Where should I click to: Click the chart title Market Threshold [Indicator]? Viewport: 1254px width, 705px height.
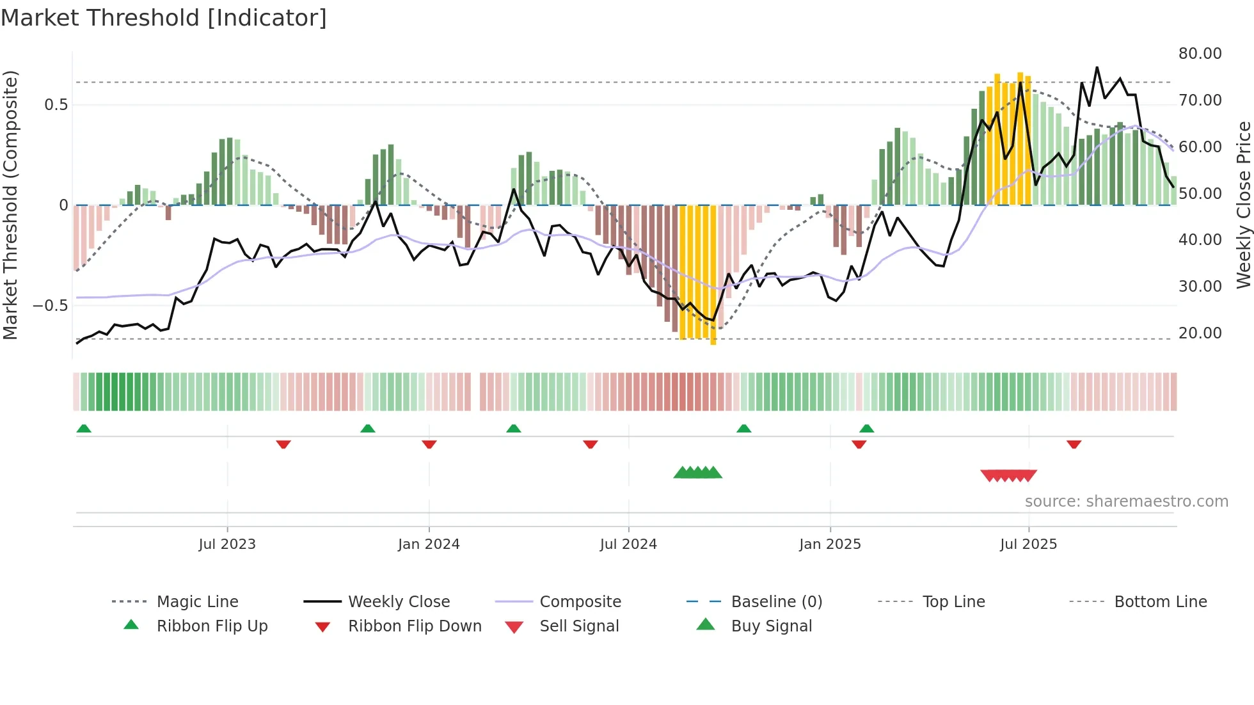pyautogui.click(x=164, y=18)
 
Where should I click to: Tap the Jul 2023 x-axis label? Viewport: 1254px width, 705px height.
pyautogui.click(x=227, y=544)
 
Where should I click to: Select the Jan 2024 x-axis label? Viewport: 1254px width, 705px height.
pyautogui.click(x=429, y=544)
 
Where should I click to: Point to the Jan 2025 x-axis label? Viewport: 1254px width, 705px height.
pyautogui.click(x=830, y=544)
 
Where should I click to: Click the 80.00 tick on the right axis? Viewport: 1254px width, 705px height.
pyautogui.click(x=1200, y=54)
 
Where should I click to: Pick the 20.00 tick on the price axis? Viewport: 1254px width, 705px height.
pyautogui.click(x=1200, y=333)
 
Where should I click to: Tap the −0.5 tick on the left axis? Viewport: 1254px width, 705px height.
pyautogui.click(x=50, y=306)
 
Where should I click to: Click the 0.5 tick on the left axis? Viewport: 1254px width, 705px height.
pyautogui.click(x=56, y=105)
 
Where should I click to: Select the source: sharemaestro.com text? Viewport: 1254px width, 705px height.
pyautogui.click(x=1126, y=502)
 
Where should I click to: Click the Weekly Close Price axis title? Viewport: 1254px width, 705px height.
pyautogui.click(x=1243, y=205)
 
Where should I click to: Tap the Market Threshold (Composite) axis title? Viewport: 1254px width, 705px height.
pyautogui.click(x=10, y=205)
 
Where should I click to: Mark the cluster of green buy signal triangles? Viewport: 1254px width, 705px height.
pyautogui.click(x=697, y=473)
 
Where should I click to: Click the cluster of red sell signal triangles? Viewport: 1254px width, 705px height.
pyautogui.click(x=1008, y=475)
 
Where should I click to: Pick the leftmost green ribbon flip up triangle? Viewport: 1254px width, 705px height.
pyautogui.click(x=84, y=429)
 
